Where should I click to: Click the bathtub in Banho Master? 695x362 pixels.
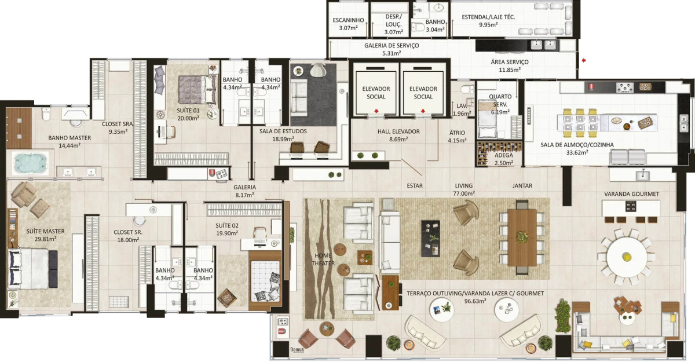28,163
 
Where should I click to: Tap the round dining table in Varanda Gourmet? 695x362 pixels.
627,255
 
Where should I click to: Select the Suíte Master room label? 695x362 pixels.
45,231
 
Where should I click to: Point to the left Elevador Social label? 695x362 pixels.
376,93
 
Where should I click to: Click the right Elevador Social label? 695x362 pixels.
423,93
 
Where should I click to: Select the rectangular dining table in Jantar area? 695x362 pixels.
522,236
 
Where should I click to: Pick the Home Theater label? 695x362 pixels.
324,259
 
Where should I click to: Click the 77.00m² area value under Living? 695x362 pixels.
464,193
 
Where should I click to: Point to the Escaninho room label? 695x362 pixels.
348,20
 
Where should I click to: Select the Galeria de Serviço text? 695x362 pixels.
392,45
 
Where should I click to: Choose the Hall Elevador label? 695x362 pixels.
398,131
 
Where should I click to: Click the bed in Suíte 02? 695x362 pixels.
265,278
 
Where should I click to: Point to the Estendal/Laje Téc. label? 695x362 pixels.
488,17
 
